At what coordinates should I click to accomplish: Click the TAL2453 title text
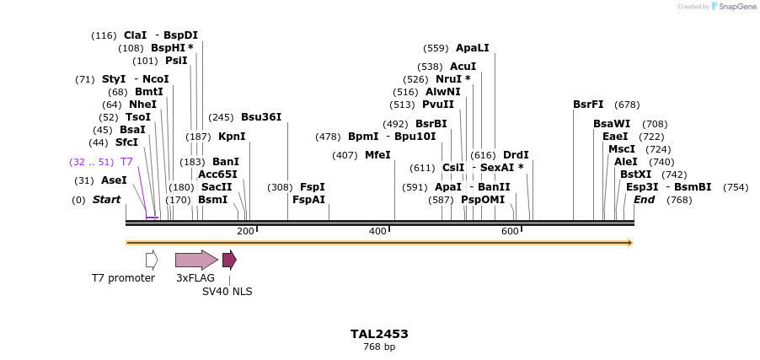tap(379, 333)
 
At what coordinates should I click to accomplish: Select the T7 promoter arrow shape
tap(152, 260)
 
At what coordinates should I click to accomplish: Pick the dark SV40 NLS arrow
tap(229, 260)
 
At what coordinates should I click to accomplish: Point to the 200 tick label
tap(245, 231)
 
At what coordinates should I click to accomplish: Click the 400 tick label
tap(377, 231)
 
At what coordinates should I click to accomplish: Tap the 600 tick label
tap(510, 231)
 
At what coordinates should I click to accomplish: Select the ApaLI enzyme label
tap(472, 48)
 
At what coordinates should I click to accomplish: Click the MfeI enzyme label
tap(377, 155)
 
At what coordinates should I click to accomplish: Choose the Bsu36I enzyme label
tap(261, 117)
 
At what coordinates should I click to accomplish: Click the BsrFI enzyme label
tap(588, 105)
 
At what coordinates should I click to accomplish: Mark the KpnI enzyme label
tap(232, 137)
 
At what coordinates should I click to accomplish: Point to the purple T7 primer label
tap(126, 161)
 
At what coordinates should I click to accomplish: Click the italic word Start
tap(106, 200)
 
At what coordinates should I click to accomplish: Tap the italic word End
tap(644, 200)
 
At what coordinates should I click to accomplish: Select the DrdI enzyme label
tap(516, 155)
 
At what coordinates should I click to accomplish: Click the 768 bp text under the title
tap(379, 347)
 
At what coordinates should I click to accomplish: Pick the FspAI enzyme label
tap(308, 200)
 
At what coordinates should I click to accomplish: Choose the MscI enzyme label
tap(622, 149)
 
